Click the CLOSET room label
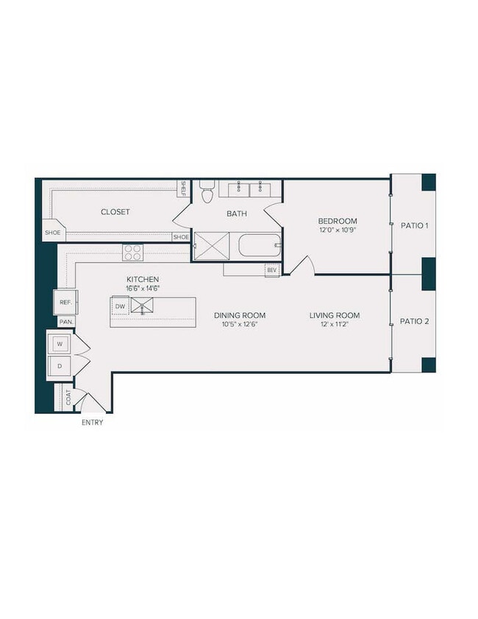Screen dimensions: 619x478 tap(115, 212)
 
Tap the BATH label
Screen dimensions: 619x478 tap(237, 214)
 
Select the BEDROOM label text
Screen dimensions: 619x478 tap(337, 221)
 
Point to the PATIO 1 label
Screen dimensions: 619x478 tap(414, 225)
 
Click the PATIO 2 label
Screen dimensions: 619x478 tap(414, 321)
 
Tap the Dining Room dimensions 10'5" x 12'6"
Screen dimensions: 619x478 tap(240, 324)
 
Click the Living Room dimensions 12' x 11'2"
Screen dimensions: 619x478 tap(335, 324)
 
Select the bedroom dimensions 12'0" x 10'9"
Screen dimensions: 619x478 tap(337, 230)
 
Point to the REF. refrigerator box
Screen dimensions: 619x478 tap(64, 302)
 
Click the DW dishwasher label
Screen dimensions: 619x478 tap(120, 305)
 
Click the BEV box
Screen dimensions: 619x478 tap(271, 270)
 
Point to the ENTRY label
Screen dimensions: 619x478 tap(92, 422)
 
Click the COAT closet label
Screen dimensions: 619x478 tap(68, 397)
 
